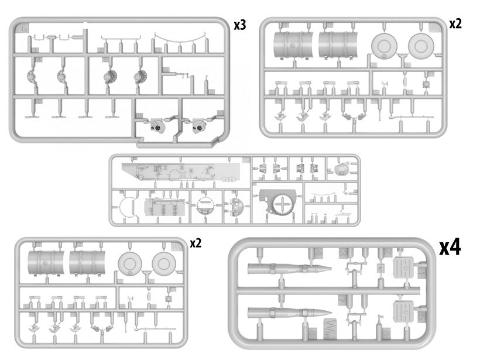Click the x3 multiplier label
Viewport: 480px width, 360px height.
(239, 25)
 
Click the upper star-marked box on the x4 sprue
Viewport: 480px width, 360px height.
(403, 268)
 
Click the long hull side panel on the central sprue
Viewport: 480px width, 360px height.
(179, 171)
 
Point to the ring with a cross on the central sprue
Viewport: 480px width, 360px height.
(283, 204)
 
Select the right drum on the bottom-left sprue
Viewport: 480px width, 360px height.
(87, 263)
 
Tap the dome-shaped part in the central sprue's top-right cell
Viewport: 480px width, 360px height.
(341, 169)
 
